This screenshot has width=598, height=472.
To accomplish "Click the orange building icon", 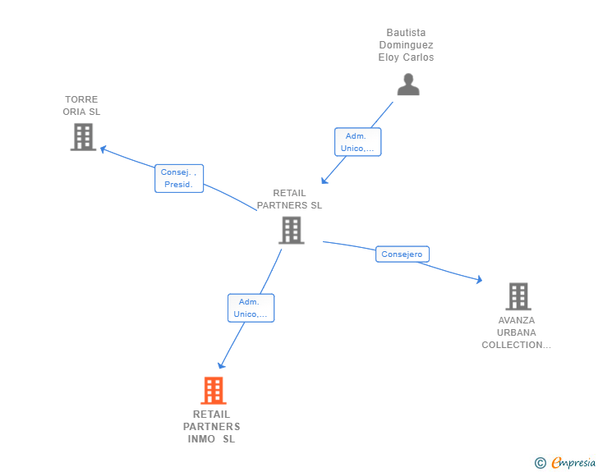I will pos(214,391).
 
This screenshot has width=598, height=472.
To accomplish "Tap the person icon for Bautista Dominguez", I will pos(408,85).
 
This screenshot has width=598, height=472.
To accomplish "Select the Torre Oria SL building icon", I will pos(83,137).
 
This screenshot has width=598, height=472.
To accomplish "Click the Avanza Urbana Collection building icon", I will pos(517,296).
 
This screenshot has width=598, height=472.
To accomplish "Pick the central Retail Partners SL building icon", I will pos(292,231).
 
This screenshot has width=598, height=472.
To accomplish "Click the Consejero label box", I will pos(402,254).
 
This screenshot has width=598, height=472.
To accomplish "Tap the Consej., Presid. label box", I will pos(179,178).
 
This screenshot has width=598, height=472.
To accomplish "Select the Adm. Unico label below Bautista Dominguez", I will pos(358,142).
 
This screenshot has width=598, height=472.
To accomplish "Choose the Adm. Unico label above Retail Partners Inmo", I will pos(251,308).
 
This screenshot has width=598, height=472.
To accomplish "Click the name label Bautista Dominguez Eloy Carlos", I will pos(406,45).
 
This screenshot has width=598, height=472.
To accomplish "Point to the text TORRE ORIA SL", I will pos(81,105).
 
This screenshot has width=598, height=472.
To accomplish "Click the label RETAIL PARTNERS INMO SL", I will pos(212,427).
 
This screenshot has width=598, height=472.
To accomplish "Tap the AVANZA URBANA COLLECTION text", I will pos(517,332).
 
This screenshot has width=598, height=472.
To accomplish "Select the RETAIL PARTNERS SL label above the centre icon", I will pos(289,199).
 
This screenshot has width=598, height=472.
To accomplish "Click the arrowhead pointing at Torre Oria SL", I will pos(103,149).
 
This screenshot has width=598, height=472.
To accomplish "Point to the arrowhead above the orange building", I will pos(220,366).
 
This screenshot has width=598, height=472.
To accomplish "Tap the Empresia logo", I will pos(573,463).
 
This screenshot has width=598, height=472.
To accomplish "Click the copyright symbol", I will pos(540,463).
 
